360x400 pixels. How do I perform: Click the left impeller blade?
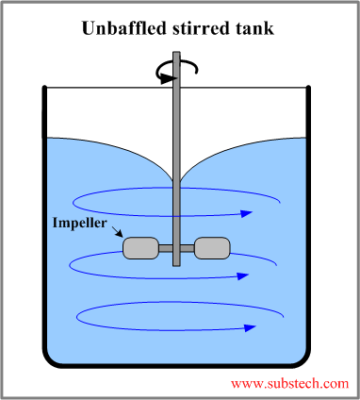(x=140, y=247)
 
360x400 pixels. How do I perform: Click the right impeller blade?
(x=211, y=247)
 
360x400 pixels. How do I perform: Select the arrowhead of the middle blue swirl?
(x=243, y=277)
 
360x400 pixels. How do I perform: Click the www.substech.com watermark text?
(x=289, y=384)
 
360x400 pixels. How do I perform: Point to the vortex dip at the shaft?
(x=176, y=181)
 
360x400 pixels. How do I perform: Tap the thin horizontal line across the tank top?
(x=104, y=88)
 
